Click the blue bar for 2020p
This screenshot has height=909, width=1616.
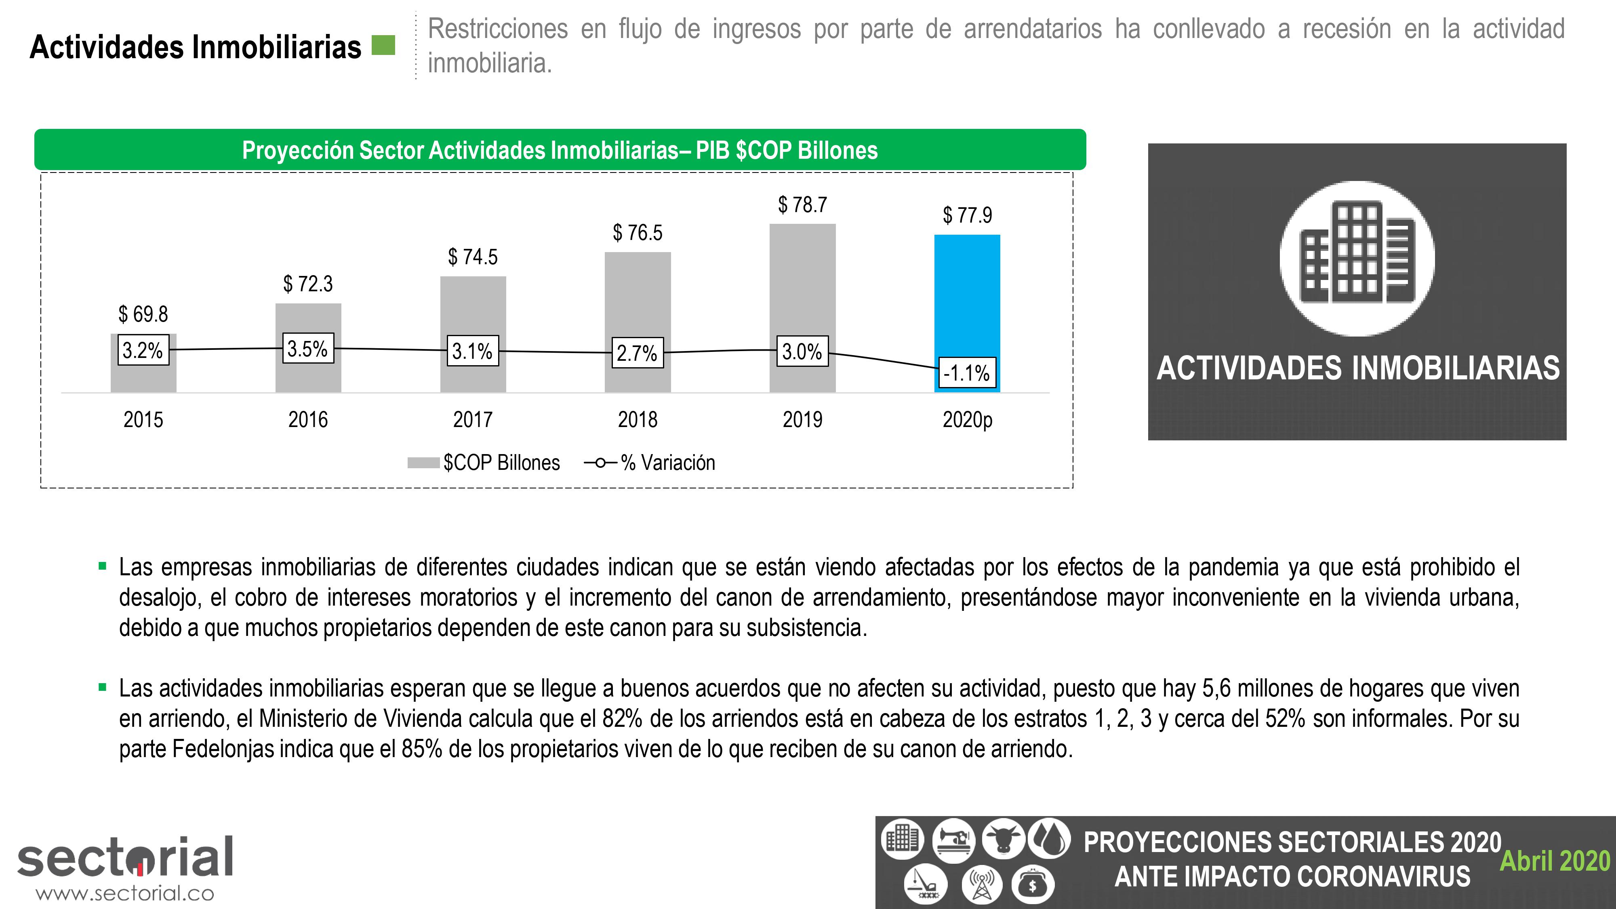(967, 295)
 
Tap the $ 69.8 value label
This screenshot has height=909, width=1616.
(143, 314)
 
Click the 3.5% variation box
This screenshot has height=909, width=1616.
(307, 349)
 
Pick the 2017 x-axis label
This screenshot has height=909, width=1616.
(472, 419)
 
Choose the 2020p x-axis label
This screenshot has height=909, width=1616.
(967, 419)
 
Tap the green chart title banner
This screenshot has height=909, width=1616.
(560, 150)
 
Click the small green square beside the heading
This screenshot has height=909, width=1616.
(383, 45)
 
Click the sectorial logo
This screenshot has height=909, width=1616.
(126, 856)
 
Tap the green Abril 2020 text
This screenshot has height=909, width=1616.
(1555, 861)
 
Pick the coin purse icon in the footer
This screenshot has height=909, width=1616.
(1032, 884)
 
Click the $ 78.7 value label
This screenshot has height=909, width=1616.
(802, 204)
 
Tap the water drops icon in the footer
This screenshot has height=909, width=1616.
(1049, 839)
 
